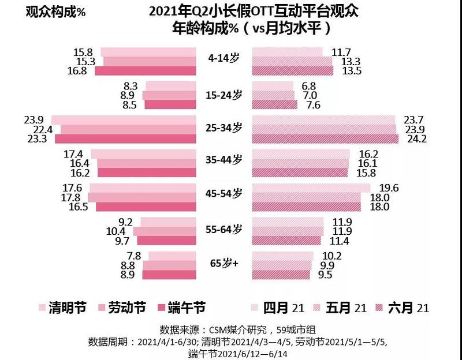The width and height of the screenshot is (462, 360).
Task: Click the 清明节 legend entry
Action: click(x=62, y=307)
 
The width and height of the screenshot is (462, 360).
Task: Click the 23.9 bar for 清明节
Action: click(x=124, y=119)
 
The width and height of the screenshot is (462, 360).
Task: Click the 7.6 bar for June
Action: click(x=275, y=104)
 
